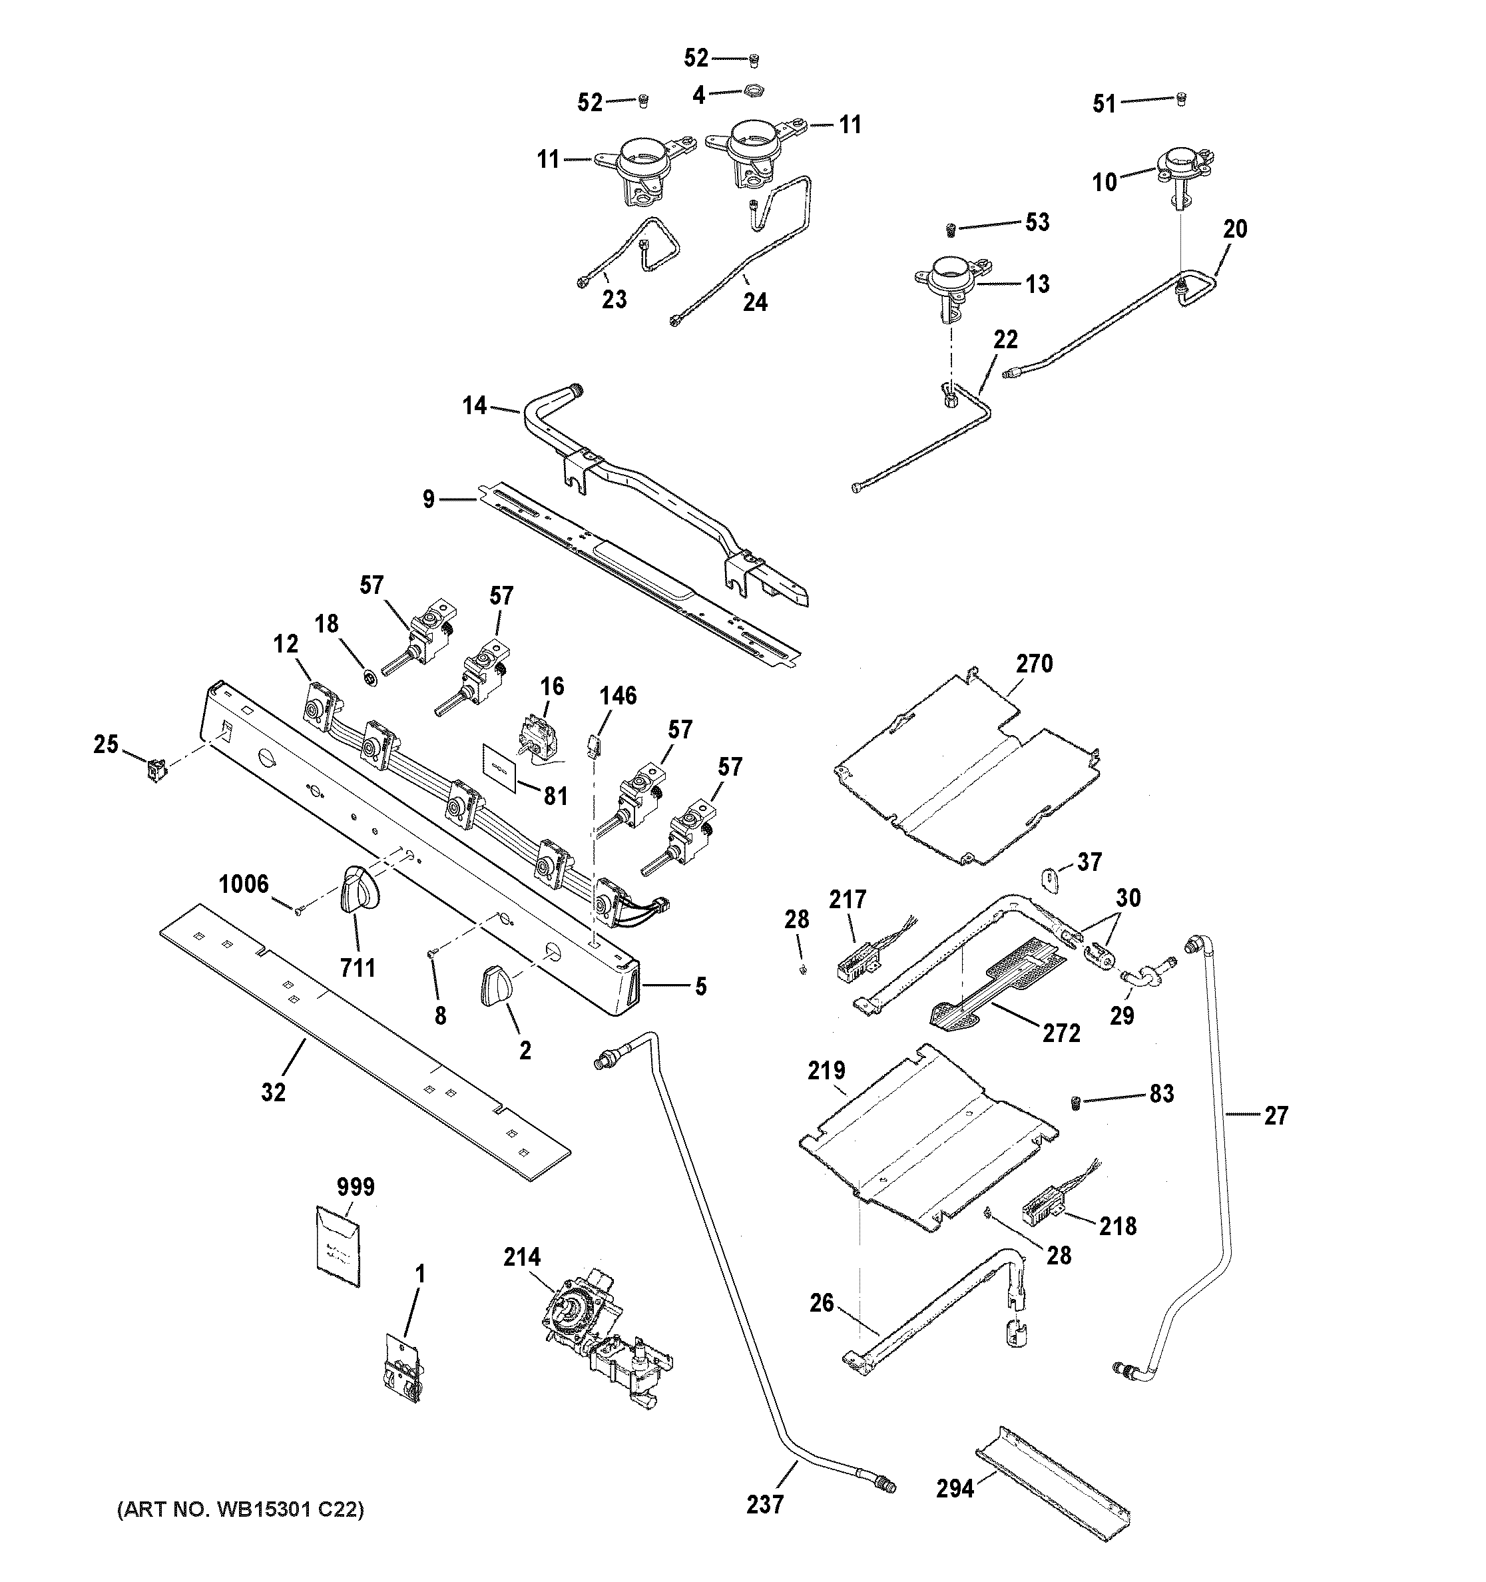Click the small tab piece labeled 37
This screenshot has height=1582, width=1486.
point(1051,882)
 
